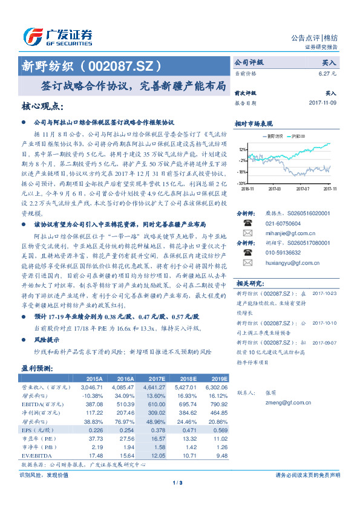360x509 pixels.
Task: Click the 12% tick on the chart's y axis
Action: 242,149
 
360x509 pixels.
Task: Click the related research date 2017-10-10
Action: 326,323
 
